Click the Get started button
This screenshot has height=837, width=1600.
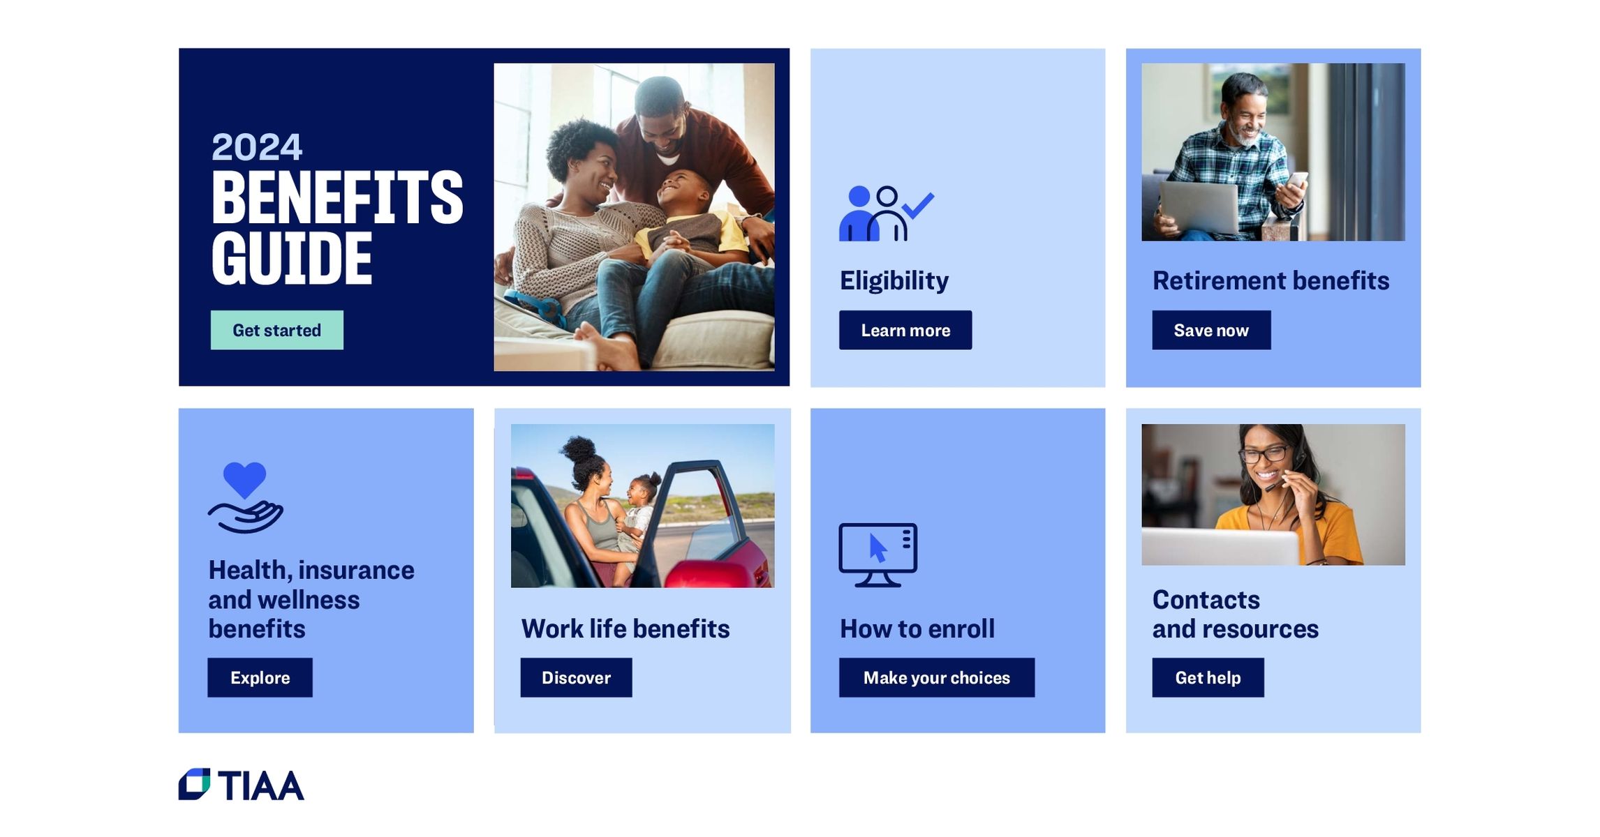pyautogui.click(x=276, y=330)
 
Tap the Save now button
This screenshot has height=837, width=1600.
pyautogui.click(x=1210, y=330)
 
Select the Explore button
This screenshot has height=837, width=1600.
pyautogui.click(x=260, y=677)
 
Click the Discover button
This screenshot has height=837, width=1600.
pyautogui.click(x=576, y=677)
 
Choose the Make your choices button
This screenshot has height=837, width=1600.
pyautogui.click(x=936, y=677)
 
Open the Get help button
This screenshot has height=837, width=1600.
pyautogui.click(x=1208, y=677)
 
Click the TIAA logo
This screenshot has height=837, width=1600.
pyautogui.click(x=241, y=785)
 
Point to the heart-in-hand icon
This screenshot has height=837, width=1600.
pyautogui.click(x=245, y=497)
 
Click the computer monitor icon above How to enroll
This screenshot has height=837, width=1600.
pyautogui.click(x=877, y=555)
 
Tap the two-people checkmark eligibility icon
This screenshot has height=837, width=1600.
pyautogui.click(x=885, y=213)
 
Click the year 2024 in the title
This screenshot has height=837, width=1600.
pyautogui.click(x=256, y=147)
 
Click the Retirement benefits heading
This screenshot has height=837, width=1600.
pyautogui.click(x=1271, y=280)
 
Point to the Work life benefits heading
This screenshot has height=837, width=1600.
pyautogui.click(x=625, y=628)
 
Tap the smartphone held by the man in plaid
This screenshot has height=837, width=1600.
pyautogui.click(x=1296, y=181)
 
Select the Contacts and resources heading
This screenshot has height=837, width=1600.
pyautogui.click(x=1235, y=614)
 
